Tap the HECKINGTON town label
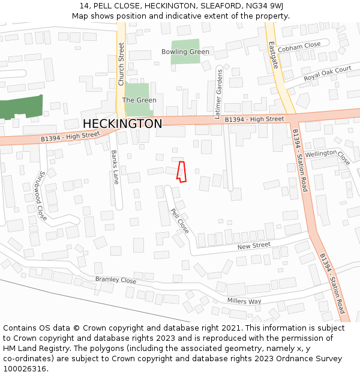coord(122,124)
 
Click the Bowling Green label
coord(185,52)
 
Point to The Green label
coord(139,100)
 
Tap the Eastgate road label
coord(273,55)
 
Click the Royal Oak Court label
coord(327,74)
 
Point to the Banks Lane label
coord(115,166)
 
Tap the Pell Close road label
coord(180,221)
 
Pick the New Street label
coord(254,245)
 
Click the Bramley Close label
coord(116,280)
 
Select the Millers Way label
coord(244,301)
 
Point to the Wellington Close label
coord(328,156)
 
